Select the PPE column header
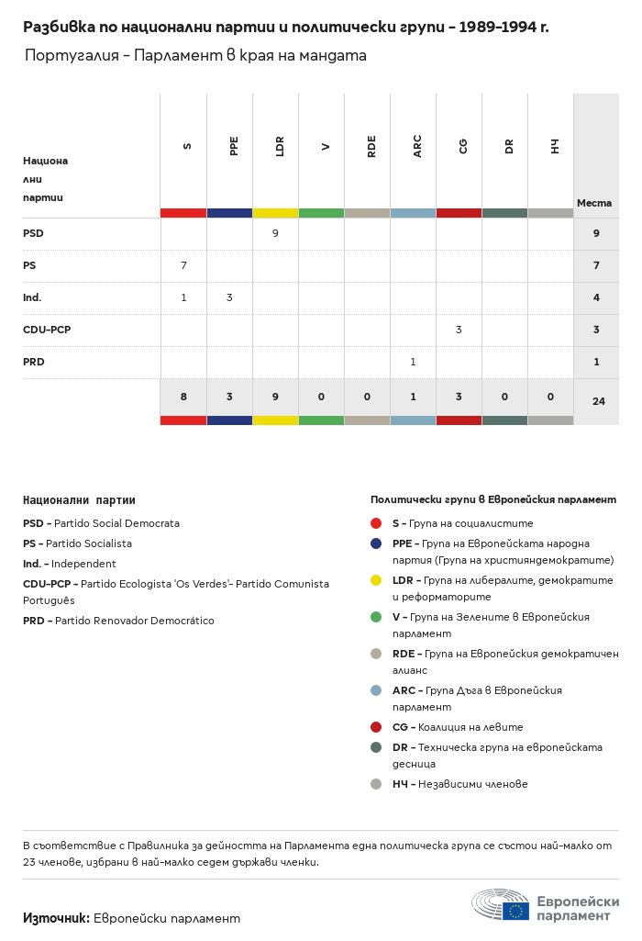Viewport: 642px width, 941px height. [234, 146]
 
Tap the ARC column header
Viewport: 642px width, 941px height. [417, 146]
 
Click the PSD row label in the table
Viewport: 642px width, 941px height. [33, 233]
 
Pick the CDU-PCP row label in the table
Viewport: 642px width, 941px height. [47, 330]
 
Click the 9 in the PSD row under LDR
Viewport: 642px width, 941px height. [275, 233]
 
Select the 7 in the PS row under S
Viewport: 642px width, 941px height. [183, 265]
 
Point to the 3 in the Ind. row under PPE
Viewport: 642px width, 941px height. [229, 297]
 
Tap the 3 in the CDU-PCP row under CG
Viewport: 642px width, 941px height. [459, 330]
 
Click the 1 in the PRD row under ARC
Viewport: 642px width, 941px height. [413, 362]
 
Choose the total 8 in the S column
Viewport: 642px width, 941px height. [183, 397]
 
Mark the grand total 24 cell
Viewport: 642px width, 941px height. [598, 400]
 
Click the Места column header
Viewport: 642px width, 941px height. [594, 203]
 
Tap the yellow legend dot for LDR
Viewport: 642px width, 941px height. [376, 580]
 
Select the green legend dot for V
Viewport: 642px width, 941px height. [376, 617]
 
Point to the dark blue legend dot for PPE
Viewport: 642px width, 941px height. [376, 543]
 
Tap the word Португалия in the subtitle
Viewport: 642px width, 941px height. [75, 56]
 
